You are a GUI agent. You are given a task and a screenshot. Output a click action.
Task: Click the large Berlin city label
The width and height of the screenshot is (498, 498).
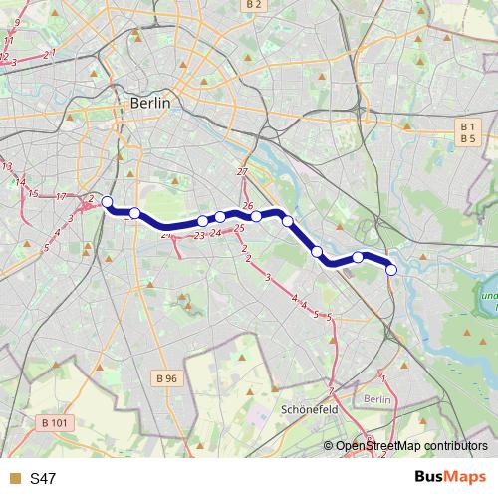click(x=150, y=103)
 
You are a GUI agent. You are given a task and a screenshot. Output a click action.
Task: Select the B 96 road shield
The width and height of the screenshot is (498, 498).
click(x=166, y=378)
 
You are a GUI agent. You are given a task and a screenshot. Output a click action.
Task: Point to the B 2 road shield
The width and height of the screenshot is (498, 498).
click(x=254, y=5)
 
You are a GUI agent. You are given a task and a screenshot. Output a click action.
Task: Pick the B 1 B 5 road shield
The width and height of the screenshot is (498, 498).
click(x=465, y=131)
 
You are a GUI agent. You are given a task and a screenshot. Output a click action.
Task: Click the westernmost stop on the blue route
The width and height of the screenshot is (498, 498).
click(x=107, y=201)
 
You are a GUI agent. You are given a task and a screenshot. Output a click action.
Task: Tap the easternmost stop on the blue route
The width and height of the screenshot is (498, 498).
click(x=391, y=270)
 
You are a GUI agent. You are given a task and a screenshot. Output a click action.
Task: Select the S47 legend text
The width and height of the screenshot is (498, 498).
click(x=43, y=479)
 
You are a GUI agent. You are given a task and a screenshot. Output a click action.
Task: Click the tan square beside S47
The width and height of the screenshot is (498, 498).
click(x=14, y=479)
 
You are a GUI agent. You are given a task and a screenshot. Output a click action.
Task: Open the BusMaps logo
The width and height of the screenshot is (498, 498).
click(x=450, y=478)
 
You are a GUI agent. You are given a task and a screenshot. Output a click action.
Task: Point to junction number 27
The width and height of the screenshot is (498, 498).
click(x=242, y=173)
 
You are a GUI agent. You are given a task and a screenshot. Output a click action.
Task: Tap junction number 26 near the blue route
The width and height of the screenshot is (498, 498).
click(x=248, y=206)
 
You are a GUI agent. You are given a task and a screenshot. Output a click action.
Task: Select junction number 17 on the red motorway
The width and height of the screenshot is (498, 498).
click(x=61, y=197)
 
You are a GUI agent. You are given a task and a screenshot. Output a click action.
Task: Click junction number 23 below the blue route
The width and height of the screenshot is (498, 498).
click(x=198, y=236)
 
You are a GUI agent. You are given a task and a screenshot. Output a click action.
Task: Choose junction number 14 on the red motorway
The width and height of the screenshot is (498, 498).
click(x=19, y=182)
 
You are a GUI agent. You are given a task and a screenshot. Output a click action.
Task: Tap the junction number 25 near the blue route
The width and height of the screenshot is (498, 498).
click(x=239, y=229)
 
